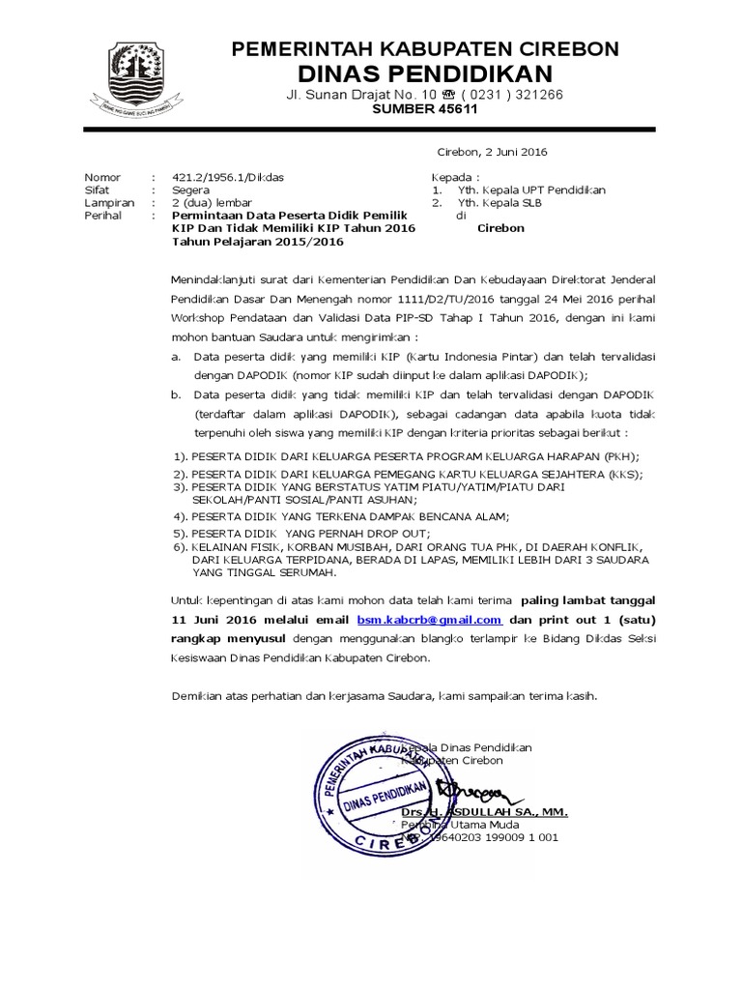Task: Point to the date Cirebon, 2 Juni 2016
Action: [x=493, y=152]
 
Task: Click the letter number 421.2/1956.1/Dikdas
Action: [x=228, y=178]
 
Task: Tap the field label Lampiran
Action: [x=109, y=203]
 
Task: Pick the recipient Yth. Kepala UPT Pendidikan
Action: [x=531, y=190]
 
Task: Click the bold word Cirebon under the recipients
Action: [x=500, y=228]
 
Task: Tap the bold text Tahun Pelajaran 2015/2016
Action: [x=240, y=242]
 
